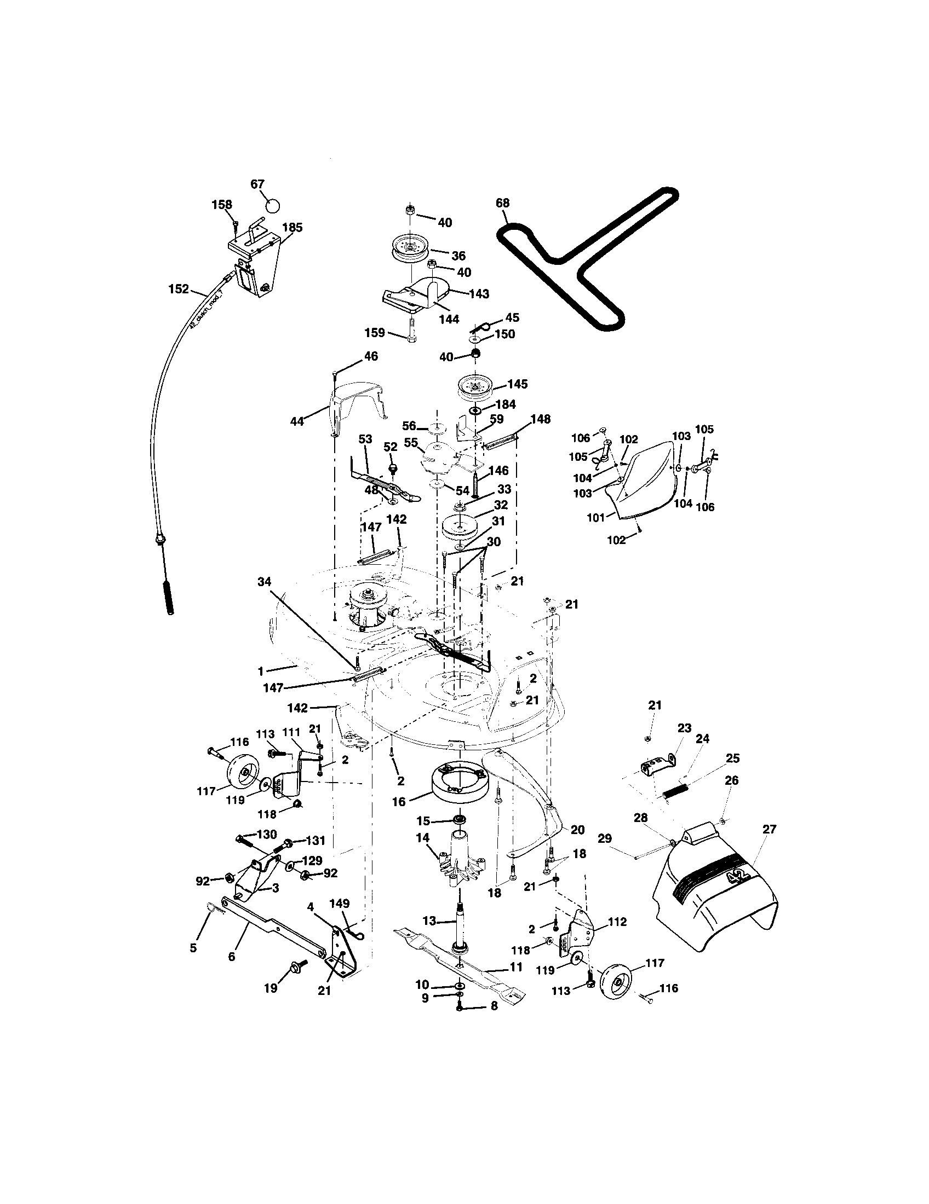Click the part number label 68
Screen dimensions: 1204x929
502,204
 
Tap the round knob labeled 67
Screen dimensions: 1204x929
273,206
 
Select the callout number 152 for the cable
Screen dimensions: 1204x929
178,289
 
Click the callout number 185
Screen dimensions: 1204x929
293,227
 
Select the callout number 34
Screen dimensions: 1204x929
265,581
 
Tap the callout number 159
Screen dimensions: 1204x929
374,333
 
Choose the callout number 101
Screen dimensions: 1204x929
596,518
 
